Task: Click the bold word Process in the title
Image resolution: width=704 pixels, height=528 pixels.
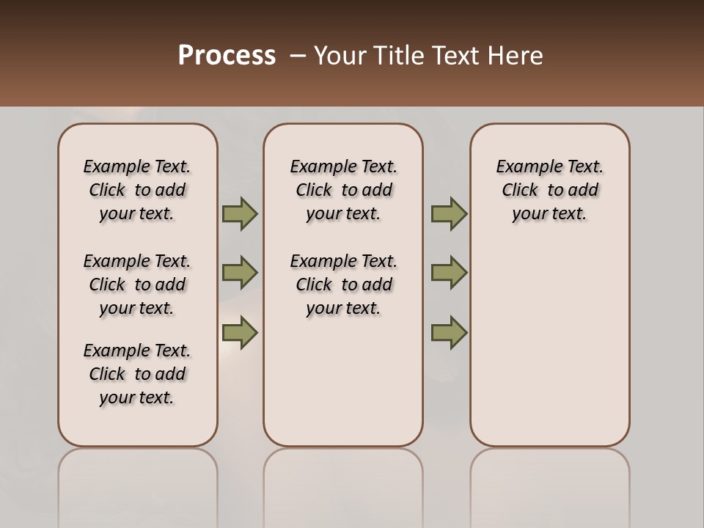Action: point(227,55)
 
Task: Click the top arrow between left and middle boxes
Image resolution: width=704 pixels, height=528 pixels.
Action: point(240,213)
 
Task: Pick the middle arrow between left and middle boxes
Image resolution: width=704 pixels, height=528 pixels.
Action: point(240,273)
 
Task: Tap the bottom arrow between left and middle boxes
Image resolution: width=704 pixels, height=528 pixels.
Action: point(240,332)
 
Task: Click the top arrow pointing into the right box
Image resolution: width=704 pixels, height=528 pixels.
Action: point(449,213)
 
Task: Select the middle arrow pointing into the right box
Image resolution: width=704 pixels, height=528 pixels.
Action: point(449,273)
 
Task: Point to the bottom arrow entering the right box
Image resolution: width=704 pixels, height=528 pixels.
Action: point(449,332)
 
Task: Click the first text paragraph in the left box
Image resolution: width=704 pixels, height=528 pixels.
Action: point(137,190)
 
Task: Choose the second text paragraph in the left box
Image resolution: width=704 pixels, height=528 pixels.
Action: point(137,285)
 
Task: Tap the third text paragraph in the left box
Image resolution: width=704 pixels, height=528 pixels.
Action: point(137,374)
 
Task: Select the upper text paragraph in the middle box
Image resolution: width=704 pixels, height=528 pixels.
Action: point(343,190)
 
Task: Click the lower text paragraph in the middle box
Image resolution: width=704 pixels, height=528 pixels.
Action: point(343,285)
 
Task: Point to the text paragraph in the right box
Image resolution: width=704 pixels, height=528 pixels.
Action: point(550,190)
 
